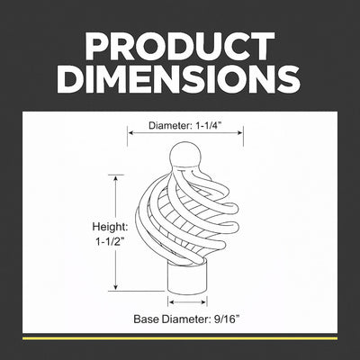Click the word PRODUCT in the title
click(180, 46)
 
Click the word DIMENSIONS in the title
click(180, 78)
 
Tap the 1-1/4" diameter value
click(209, 126)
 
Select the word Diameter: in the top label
click(170, 126)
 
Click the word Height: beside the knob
click(110, 227)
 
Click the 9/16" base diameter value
click(228, 319)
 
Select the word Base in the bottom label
click(146, 319)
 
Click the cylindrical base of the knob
click(187, 278)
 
